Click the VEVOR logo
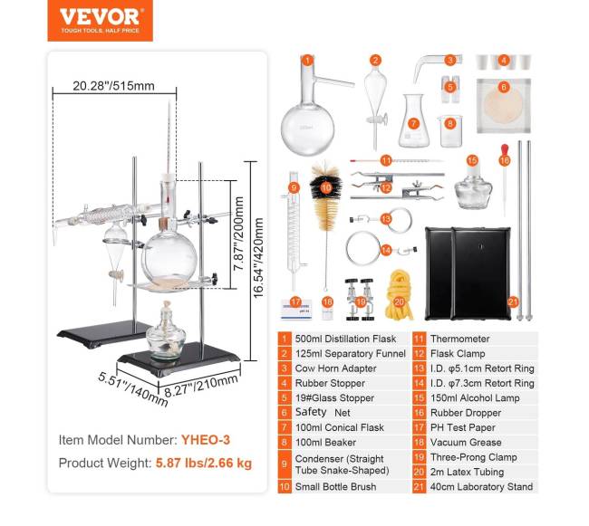point(100,20)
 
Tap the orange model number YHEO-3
point(206,440)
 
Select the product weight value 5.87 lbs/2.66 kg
point(204,463)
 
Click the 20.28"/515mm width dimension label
point(113,86)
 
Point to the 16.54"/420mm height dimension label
point(258,259)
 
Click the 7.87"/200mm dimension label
point(238,234)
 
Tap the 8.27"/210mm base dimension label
point(201,386)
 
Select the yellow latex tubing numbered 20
point(399,296)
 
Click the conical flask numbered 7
point(413,122)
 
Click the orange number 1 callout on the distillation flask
point(307,61)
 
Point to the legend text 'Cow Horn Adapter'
point(335,368)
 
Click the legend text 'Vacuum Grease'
point(466,443)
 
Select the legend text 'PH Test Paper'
point(463,427)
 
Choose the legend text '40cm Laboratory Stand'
point(481,486)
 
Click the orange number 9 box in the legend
point(285,464)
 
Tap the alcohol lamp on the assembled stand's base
point(165,334)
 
